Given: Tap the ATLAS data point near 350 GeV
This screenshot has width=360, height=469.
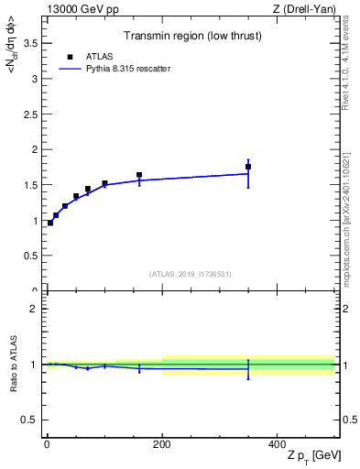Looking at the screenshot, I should [x=248, y=167].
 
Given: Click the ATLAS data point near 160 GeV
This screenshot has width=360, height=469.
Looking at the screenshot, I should [x=139, y=175].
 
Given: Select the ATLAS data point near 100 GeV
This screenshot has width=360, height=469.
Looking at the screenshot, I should [x=104, y=183].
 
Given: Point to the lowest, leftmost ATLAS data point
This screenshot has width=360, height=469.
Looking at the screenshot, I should [x=49, y=223].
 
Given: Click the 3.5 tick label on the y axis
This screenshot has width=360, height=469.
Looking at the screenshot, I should [x=30, y=43].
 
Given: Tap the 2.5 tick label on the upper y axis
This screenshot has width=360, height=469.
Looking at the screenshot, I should [x=30, y=114].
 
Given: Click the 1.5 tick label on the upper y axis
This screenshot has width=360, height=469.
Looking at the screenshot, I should [x=30, y=185].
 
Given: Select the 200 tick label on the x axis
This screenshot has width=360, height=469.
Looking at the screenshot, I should [x=162, y=445].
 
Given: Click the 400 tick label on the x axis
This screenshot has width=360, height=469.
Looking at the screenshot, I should [x=277, y=445].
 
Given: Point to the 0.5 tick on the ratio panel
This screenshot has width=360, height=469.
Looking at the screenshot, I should [x=30, y=420].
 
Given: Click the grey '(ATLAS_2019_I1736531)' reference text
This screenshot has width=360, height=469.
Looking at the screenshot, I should [x=191, y=274].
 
